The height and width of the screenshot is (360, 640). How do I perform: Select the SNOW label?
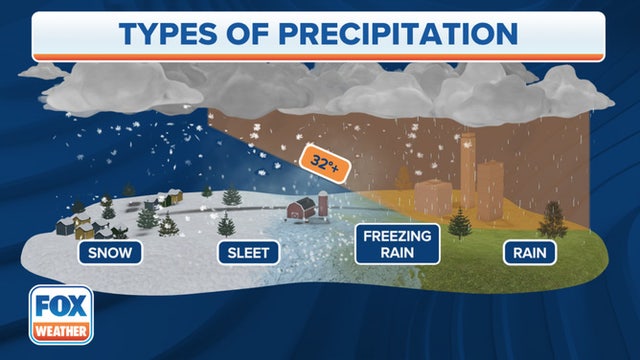109,252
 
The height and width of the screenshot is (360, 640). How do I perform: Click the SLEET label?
246,252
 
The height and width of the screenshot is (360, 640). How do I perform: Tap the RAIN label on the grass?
529,252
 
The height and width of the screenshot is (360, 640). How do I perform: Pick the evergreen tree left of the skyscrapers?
458,222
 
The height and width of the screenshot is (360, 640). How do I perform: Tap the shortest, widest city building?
433,198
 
